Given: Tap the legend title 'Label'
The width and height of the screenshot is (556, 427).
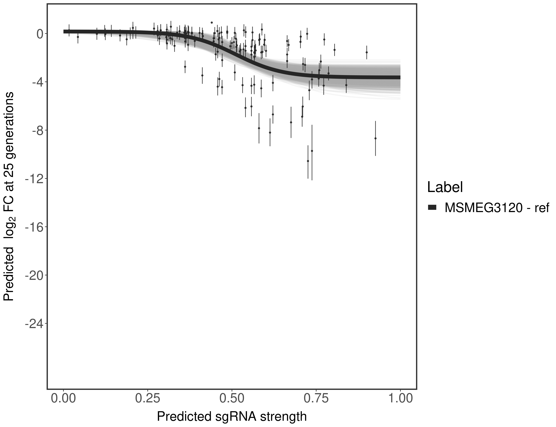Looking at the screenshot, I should [x=445, y=187].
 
